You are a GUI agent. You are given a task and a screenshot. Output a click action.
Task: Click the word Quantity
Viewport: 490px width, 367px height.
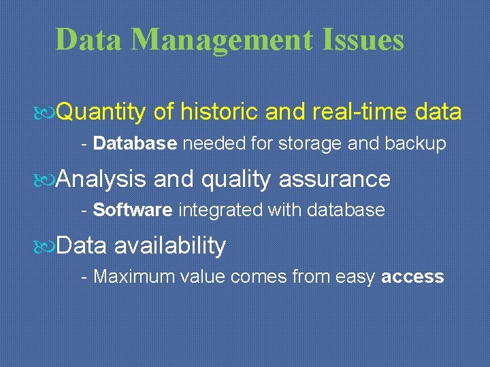[x=101, y=112]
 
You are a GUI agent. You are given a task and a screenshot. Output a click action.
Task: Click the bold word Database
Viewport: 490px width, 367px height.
[x=135, y=143]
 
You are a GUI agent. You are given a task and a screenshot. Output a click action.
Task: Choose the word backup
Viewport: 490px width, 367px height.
[x=416, y=143]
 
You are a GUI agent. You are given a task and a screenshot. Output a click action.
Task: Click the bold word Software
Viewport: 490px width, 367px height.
[x=133, y=210]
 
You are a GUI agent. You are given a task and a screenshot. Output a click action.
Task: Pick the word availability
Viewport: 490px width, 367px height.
[x=169, y=245]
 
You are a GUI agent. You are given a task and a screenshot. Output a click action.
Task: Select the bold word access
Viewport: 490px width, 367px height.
[x=413, y=277]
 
